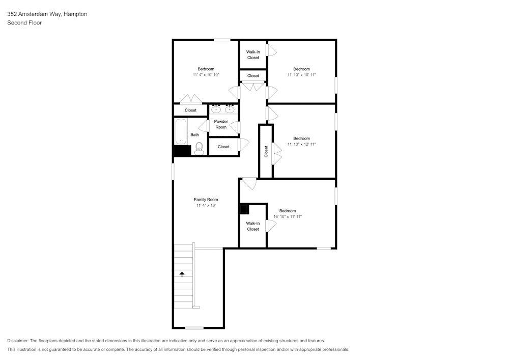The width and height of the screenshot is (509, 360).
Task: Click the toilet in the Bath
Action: (x=199, y=148)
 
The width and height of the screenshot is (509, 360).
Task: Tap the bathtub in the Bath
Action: (x=181, y=131)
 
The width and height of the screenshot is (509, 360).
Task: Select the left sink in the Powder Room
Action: (x=216, y=108)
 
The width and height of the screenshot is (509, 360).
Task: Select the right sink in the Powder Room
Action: (x=230, y=108)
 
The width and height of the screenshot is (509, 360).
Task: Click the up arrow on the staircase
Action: (x=182, y=274)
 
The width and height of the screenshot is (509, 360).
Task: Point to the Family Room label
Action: (x=206, y=200)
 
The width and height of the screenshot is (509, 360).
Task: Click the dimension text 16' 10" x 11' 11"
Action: (x=288, y=217)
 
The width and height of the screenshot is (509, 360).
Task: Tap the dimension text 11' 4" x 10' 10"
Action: (x=206, y=75)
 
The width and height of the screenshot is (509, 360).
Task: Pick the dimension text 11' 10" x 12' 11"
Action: (x=301, y=145)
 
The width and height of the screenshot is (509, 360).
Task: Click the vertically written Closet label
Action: (x=266, y=151)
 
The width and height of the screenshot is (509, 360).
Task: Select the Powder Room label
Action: (x=221, y=124)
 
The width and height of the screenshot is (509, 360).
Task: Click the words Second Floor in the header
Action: (x=24, y=23)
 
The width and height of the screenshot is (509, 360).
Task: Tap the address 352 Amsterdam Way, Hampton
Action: (x=47, y=14)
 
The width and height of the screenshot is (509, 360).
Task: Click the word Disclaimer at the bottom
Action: (x=18, y=341)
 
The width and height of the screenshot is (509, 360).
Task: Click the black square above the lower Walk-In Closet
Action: (x=244, y=208)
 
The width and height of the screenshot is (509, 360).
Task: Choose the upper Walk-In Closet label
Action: (x=253, y=54)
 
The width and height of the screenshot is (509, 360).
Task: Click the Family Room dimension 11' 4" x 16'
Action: (x=206, y=206)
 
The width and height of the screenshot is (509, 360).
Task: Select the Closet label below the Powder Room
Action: (x=223, y=147)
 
